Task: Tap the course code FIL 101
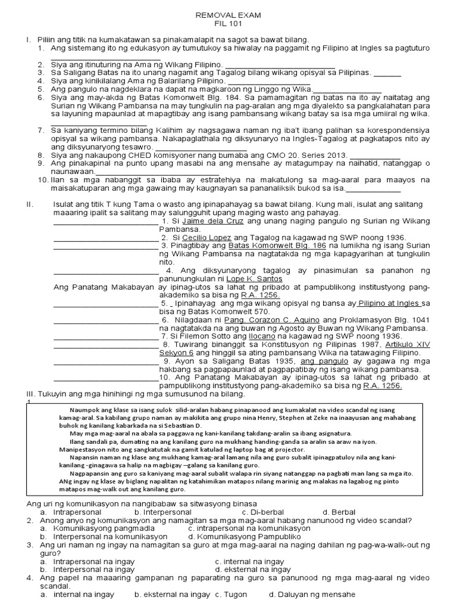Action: [x=228, y=24]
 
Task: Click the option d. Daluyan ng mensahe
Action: [x=312, y=595]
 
